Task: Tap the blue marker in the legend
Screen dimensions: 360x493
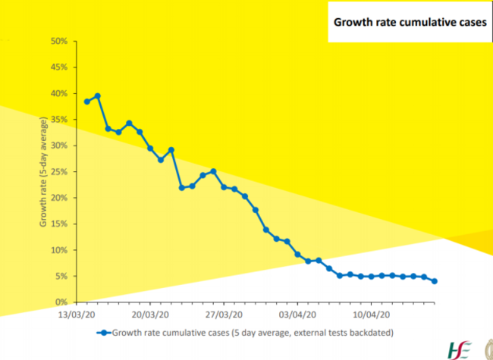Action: pos(100,332)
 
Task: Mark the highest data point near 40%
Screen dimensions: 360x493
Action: pos(98,96)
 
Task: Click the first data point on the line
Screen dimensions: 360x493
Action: pos(87,102)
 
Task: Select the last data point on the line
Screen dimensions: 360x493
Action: pos(435,281)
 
